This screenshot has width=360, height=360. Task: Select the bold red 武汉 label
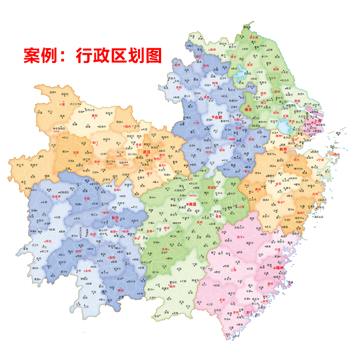147,152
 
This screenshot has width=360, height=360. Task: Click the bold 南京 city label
247,109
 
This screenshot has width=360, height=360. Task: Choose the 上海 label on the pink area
318,121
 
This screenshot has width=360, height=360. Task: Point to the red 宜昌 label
70,153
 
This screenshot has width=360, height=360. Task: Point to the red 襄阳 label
94,116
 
